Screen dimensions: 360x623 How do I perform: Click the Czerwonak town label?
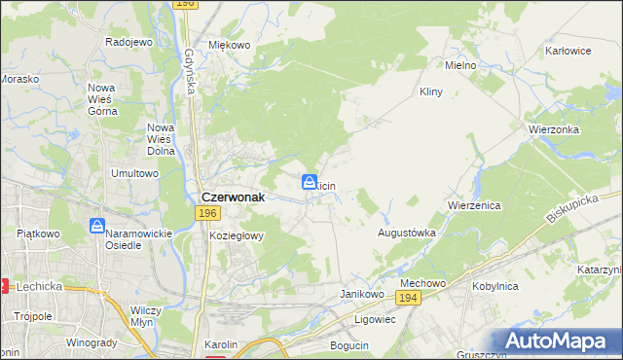tap(235, 194)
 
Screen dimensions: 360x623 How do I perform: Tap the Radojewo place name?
tap(129, 43)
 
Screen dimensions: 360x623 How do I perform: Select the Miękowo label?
tap(230, 45)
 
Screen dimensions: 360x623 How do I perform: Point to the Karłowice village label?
tap(569, 50)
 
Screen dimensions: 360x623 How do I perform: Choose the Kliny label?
tap(430, 91)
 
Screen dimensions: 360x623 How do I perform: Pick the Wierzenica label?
tap(474, 206)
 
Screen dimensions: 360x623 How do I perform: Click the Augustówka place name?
tap(406, 234)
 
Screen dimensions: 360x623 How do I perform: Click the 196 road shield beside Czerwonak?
tap(206, 213)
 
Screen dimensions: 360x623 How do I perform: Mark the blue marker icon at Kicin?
tap(309, 182)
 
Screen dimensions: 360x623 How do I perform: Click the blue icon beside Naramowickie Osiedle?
tap(97, 226)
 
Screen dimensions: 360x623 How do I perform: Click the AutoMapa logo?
tap(557, 342)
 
